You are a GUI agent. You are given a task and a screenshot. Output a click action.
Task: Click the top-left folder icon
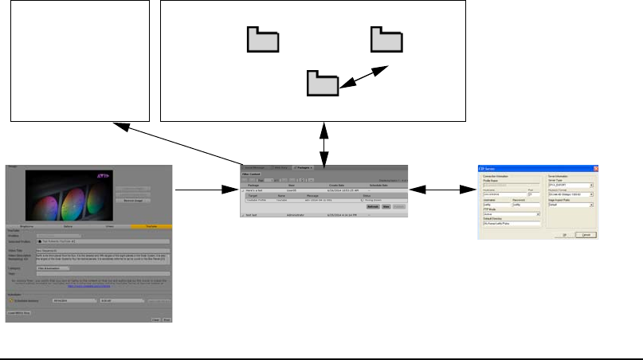pyautogui.click(x=262, y=39)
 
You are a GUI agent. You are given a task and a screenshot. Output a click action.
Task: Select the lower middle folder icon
pyautogui.click(x=323, y=83)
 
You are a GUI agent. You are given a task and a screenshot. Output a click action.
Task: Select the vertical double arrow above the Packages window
pyautogui.click(x=323, y=143)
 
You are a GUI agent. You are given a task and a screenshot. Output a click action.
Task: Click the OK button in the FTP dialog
pyautogui.click(x=563, y=235)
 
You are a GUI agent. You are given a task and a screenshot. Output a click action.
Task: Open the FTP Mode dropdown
pyautogui.click(x=512, y=213)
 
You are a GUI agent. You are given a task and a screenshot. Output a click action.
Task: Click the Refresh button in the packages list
pyautogui.click(x=373, y=206)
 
